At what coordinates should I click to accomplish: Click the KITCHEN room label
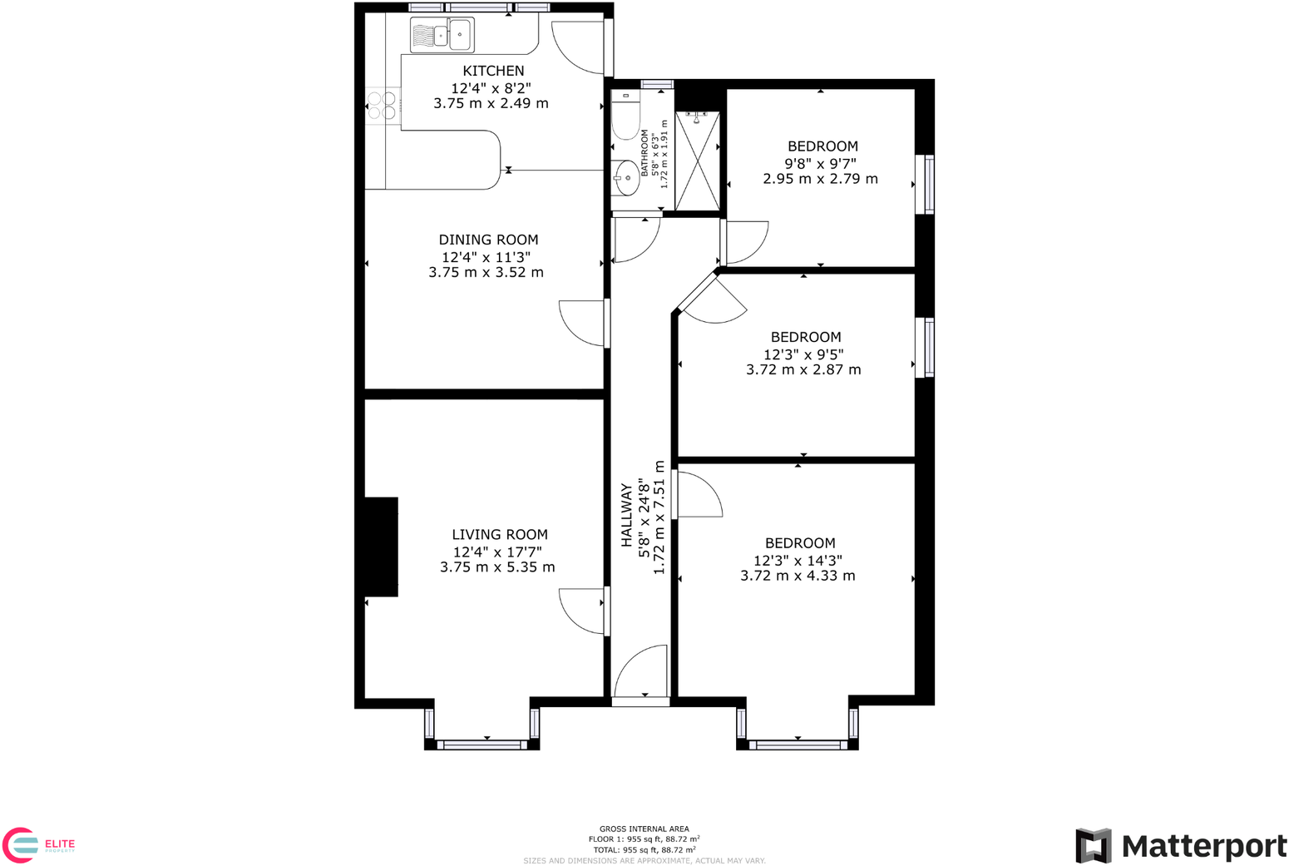(493, 72)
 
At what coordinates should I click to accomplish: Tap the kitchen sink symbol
(442, 35)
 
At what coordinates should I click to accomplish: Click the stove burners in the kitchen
(382, 106)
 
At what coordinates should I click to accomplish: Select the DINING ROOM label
(488, 240)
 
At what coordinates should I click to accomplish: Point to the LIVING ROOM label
(499, 535)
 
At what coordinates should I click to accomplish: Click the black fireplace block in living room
(381, 547)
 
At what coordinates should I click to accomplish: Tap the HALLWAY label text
(626, 516)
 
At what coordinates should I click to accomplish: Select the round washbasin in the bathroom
(625, 176)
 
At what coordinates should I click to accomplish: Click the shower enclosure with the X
(697, 160)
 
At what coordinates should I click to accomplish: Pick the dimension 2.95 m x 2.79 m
(820, 179)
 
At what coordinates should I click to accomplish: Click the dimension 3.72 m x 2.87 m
(803, 369)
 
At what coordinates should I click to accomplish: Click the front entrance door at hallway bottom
(641, 674)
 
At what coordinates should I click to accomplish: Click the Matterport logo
(1180, 846)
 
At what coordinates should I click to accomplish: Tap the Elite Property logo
(38, 845)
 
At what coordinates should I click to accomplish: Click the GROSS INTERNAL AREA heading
(644, 829)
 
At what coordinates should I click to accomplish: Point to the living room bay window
(482, 744)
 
